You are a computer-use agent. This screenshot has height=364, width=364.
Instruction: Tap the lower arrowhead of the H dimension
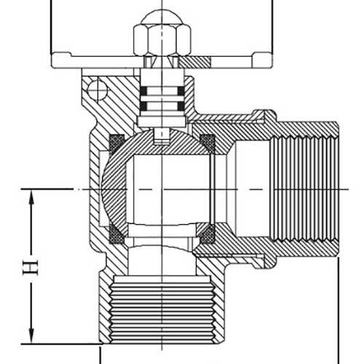[31, 336]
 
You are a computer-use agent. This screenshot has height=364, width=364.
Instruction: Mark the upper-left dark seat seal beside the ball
[114, 141]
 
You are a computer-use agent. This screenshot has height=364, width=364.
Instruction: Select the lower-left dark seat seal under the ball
[114, 235]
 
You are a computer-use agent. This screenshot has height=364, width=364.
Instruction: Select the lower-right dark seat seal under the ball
[207, 235]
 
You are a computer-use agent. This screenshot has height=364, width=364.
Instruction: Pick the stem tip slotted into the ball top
[162, 135]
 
